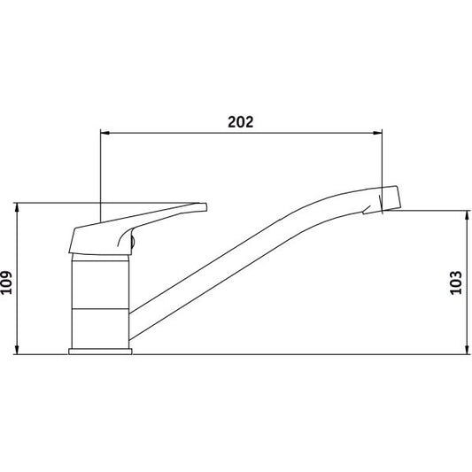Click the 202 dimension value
(x=241, y=122)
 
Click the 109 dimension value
(x=6, y=282)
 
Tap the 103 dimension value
(x=456, y=282)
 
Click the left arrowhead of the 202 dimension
(x=104, y=133)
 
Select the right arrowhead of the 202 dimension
(x=377, y=133)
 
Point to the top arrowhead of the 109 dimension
(x=17, y=207)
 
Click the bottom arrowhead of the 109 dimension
(x=17, y=350)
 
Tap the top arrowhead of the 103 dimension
(x=468, y=215)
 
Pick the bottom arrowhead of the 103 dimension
(x=468, y=350)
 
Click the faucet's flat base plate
(x=100, y=352)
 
